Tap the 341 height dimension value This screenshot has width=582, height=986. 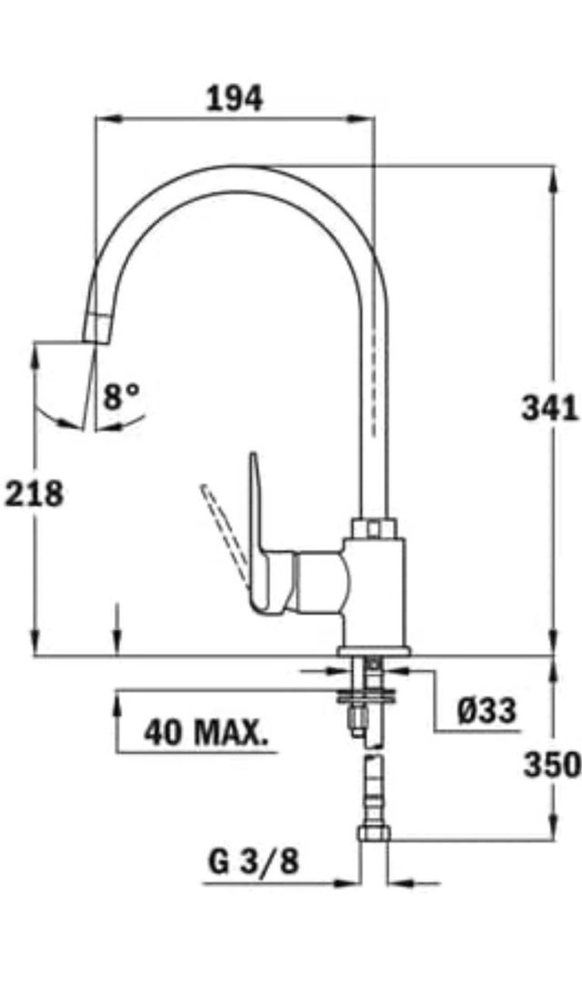(x=549, y=408)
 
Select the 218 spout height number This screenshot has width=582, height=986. (x=35, y=494)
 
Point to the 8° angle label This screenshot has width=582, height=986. (x=122, y=395)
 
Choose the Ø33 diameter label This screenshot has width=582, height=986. (x=486, y=709)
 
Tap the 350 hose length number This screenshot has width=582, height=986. (x=551, y=765)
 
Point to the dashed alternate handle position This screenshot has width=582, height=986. (x=223, y=533)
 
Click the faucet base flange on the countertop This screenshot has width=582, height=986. (x=373, y=650)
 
